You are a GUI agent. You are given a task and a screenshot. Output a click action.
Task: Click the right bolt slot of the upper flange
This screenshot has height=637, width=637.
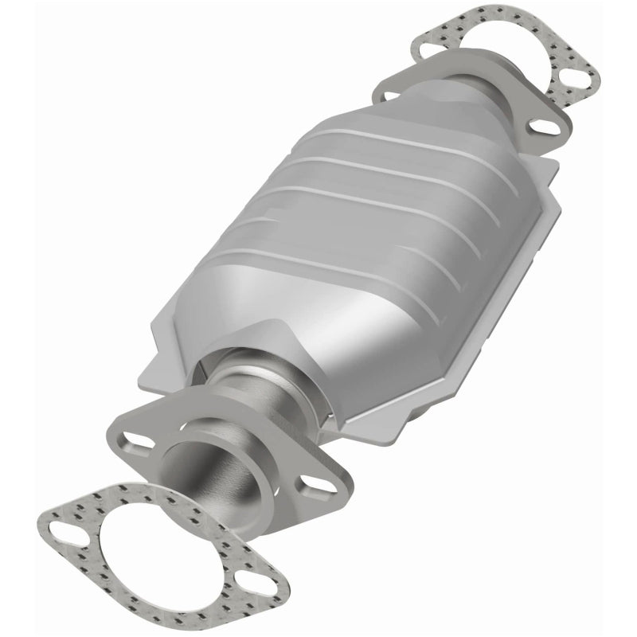pos(542,127)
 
